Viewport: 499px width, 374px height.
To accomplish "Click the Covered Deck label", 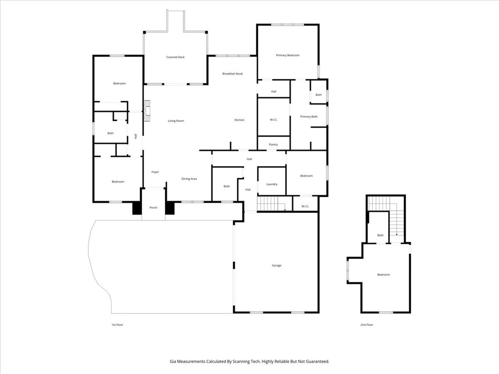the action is pos(175,57).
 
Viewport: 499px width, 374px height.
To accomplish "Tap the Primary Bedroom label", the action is pos(288,56).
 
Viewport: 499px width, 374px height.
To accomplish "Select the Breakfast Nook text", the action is pos(232,74).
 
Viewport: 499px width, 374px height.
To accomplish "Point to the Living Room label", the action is pos(176,121).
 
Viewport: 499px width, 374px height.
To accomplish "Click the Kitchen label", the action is pos(239,120).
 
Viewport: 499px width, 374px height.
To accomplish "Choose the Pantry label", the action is pos(273,144).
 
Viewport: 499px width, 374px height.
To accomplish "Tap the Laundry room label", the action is pos(272,184).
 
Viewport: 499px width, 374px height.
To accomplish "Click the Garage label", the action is pos(277,265).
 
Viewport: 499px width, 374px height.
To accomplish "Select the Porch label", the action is pos(154,207).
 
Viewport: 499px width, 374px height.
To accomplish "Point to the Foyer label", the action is pos(155,172).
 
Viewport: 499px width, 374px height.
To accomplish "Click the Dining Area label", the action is pos(189,179).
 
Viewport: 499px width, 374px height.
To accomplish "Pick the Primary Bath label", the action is pos(309,117).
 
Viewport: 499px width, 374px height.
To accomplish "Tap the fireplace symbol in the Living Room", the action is pos(147,111).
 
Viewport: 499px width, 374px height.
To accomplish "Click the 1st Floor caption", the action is pos(117,325).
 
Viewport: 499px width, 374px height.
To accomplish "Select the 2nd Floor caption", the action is pos(366,325).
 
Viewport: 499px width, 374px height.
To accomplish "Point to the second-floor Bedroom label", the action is pos(384,275).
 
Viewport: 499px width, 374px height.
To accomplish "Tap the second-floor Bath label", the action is pos(380,235).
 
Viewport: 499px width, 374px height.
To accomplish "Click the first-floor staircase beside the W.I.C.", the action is pos(271,204).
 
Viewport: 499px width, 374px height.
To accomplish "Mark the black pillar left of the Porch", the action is pos(137,208).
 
